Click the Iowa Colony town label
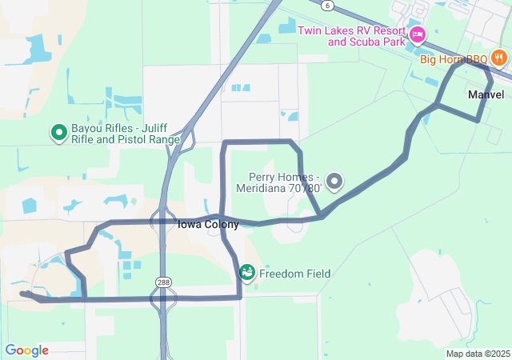[207, 225]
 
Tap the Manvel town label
[486, 94]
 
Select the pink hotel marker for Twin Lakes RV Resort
[417, 34]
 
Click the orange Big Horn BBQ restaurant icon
[498, 58]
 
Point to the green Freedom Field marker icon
[247, 273]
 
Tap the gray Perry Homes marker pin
[335, 182]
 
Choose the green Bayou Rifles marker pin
[58, 132]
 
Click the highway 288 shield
[163, 283]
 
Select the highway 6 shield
[327, 6]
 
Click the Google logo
[26, 350]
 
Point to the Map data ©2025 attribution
[478, 354]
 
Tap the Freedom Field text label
[294, 274]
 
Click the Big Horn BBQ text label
[454, 58]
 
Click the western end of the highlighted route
[23, 294]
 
